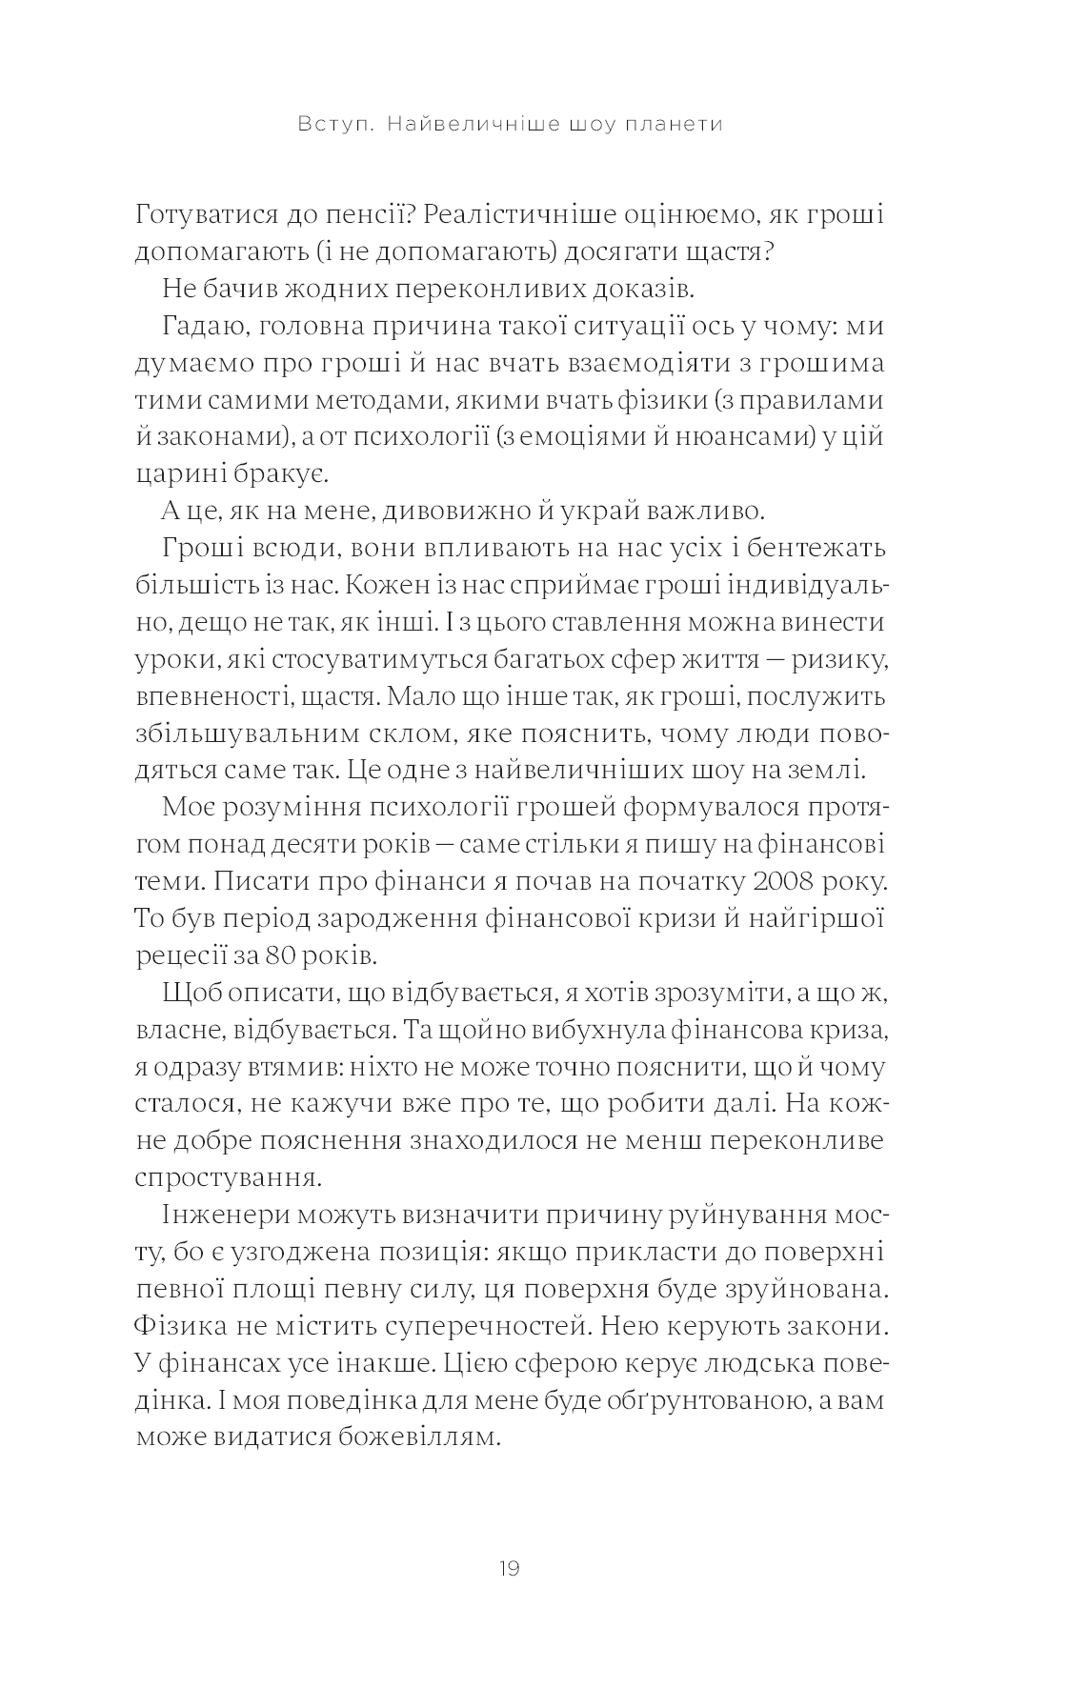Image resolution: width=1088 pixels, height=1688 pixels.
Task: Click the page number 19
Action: tap(508, 1568)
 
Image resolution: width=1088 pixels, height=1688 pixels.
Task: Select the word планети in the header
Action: tap(678, 125)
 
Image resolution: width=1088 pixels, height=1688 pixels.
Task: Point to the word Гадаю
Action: tap(211, 327)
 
